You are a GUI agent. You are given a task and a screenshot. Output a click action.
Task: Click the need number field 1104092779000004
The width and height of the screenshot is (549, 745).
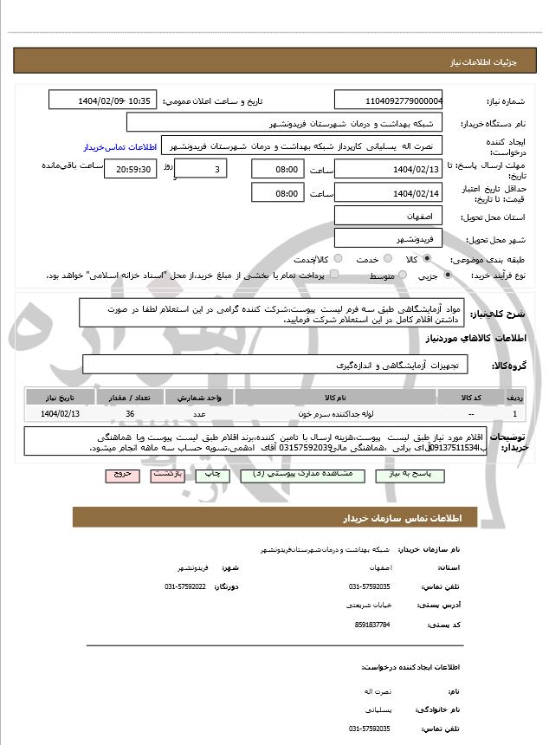(x=389, y=100)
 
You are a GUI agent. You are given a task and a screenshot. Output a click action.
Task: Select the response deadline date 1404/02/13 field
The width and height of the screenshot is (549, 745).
(x=389, y=169)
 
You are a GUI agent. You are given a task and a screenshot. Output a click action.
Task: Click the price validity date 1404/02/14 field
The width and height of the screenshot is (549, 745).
(x=389, y=193)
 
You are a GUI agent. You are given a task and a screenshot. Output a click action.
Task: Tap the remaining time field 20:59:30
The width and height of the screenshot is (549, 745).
(x=131, y=169)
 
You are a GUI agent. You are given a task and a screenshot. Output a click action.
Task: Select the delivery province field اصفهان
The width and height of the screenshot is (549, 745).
(x=389, y=215)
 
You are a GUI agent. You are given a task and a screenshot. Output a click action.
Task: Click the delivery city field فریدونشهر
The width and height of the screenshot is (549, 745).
(x=389, y=236)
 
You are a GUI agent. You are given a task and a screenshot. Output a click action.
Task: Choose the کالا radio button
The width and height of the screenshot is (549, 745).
(x=427, y=259)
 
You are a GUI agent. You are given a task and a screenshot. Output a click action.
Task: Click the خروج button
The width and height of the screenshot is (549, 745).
(x=121, y=476)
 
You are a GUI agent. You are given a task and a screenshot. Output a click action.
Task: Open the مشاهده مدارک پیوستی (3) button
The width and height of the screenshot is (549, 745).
(x=276, y=476)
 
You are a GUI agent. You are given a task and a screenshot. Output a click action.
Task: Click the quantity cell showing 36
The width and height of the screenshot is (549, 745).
(x=130, y=414)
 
